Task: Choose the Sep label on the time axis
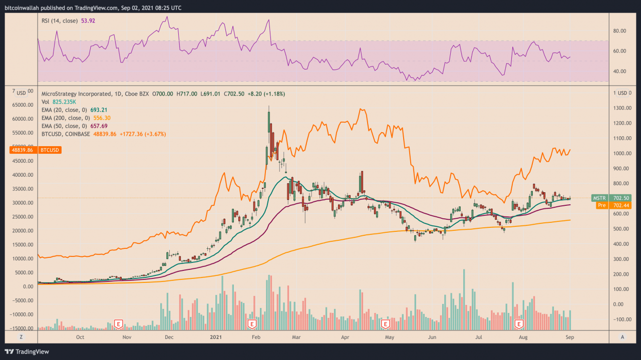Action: coord(570,337)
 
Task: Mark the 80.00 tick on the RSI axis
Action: coord(620,31)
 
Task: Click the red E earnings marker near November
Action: coord(119,324)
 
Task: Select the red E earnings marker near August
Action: coord(519,324)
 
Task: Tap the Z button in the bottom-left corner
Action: coord(21,337)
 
